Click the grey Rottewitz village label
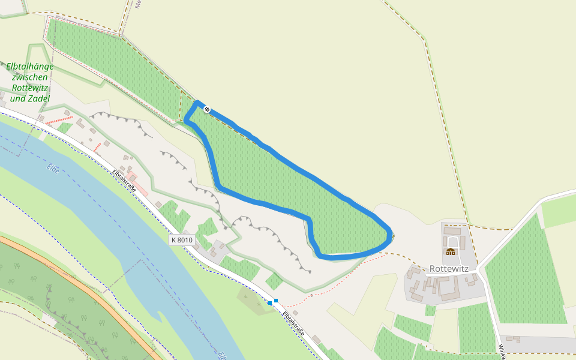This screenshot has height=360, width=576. point(449,269)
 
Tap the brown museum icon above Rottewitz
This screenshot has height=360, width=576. point(451,251)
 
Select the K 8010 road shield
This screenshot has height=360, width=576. point(182,240)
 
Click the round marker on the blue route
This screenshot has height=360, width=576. point(207,109)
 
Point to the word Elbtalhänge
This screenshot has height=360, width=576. point(30,66)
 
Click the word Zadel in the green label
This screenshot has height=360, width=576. point(38,98)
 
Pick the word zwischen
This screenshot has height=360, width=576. point(30,77)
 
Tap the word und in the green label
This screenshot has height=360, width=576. point(17,98)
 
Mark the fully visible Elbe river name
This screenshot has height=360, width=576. point(53,166)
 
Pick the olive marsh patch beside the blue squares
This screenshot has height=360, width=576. point(251,295)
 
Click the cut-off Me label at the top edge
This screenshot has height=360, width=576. point(137,4)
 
